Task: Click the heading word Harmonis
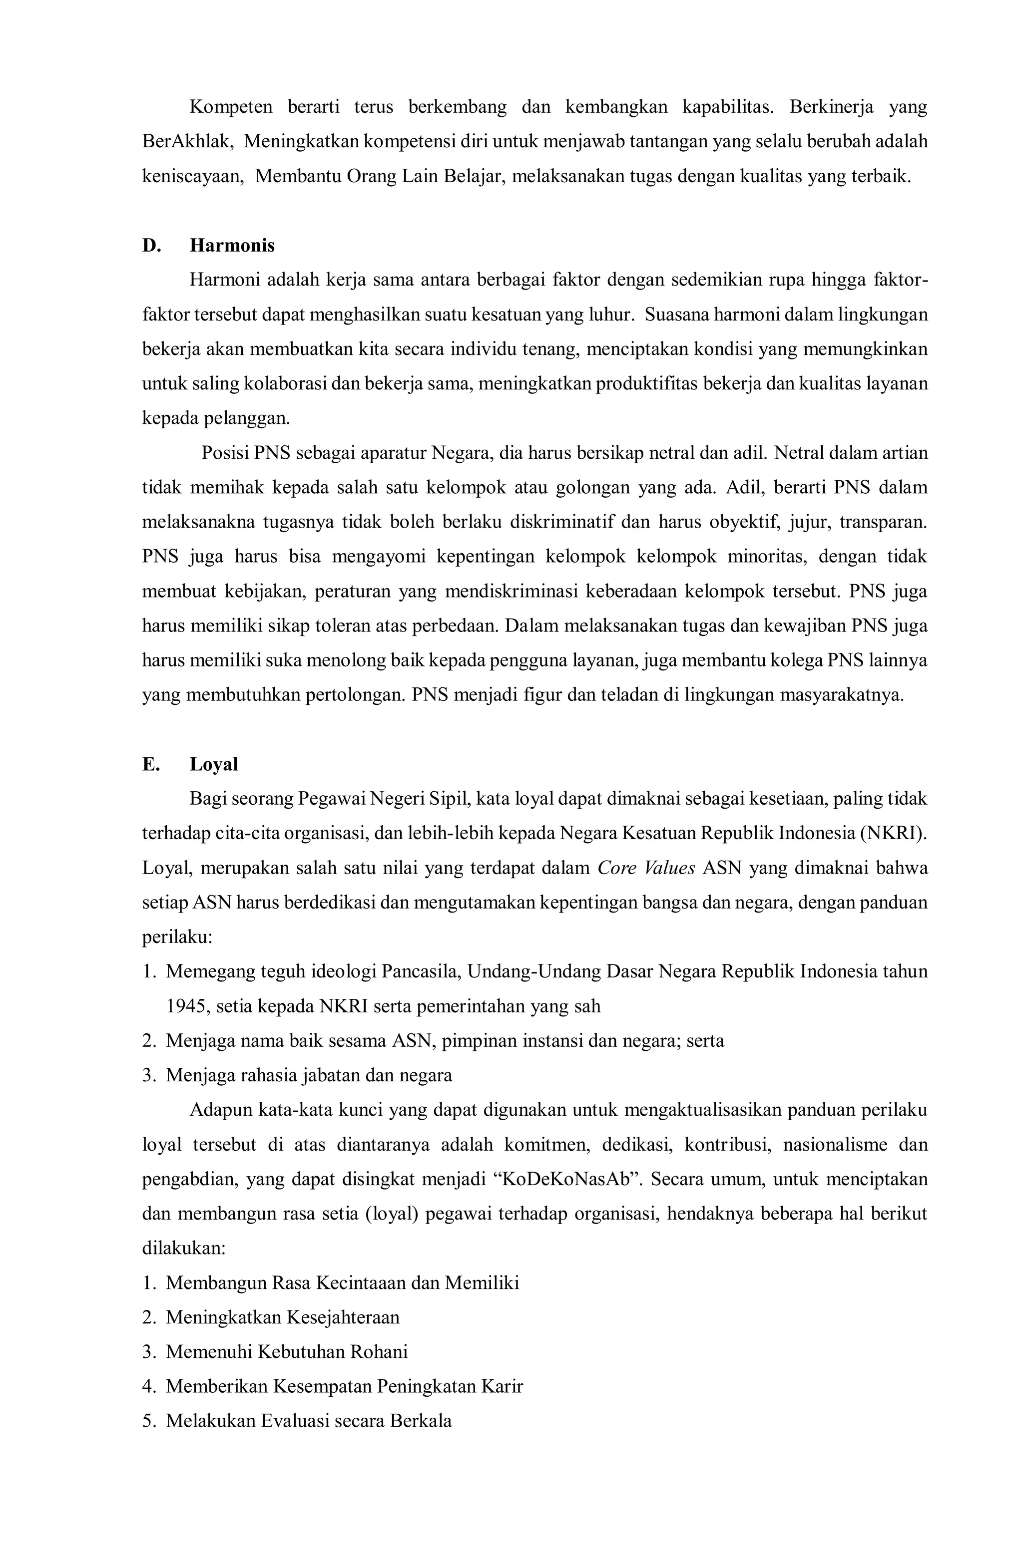pyautogui.click(x=232, y=246)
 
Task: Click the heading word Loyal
pyautogui.click(x=213, y=764)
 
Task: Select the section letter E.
pyautogui.click(x=150, y=764)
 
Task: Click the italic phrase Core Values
pyautogui.click(x=646, y=868)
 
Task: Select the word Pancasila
pyautogui.click(x=421, y=972)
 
